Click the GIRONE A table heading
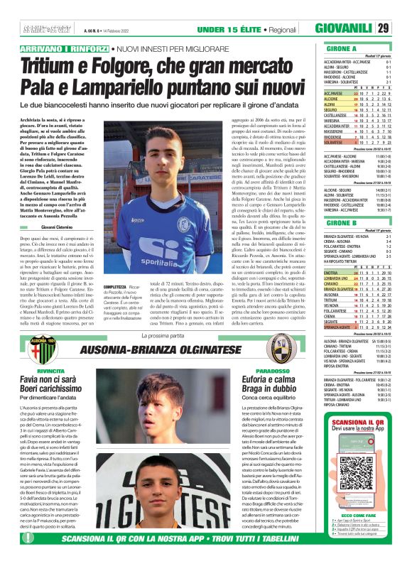322,48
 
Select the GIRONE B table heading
322,221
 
